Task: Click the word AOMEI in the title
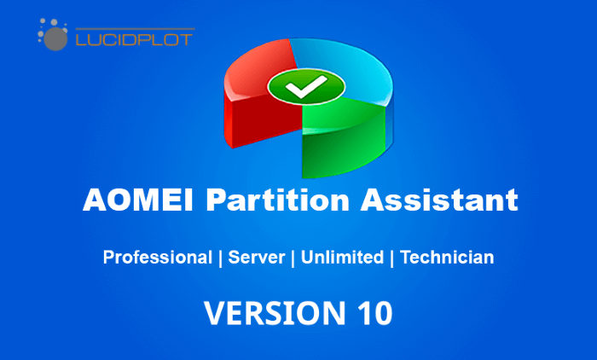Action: point(138,200)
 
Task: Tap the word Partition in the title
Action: point(277,200)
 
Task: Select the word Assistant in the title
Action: point(439,200)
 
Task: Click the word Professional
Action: point(157,257)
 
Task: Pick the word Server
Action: point(256,257)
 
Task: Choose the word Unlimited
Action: point(342,257)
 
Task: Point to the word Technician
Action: point(447,257)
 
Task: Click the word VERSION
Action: point(275,313)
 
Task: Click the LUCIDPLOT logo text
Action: point(135,39)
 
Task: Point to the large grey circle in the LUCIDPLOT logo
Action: point(55,39)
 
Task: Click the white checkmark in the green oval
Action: point(306,87)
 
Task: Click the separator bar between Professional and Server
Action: point(220,258)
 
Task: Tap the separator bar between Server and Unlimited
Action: point(293,258)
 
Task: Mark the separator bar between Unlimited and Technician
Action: point(391,258)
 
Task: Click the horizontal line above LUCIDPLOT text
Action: point(135,28)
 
